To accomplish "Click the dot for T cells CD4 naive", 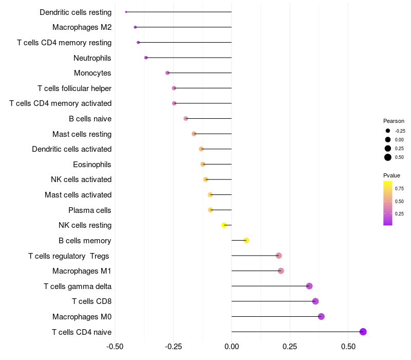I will (x=363, y=332).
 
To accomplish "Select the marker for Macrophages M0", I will (x=321, y=316).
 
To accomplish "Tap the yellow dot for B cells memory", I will (x=246, y=240).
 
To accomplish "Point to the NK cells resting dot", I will (x=224, y=225).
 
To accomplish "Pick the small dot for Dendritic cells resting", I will (x=126, y=12).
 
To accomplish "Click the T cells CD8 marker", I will (x=315, y=301).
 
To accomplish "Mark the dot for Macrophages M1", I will (x=281, y=271).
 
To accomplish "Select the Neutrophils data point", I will (x=146, y=58).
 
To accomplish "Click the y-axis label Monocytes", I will (x=92, y=73).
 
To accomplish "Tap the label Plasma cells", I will (x=90, y=210).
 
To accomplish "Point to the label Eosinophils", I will (x=92, y=165).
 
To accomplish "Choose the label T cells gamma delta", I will (x=78, y=286).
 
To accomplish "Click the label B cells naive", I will (x=90, y=119).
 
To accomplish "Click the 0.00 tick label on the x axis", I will (x=232, y=347).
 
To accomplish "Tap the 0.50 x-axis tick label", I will (x=348, y=347).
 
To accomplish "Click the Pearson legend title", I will (x=394, y=121).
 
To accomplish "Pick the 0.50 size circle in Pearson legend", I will (x=388, y=157).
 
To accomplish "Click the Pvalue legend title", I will (x=391, y=175).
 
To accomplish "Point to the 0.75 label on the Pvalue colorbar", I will (x=399, y=188).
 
